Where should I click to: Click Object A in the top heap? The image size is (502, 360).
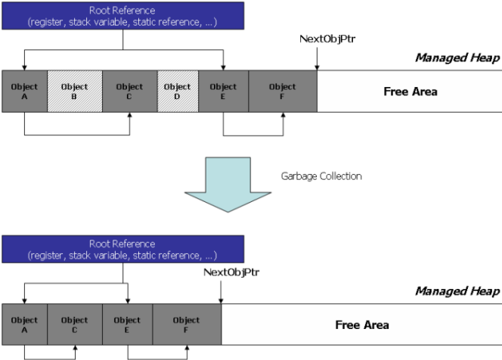(25, 92)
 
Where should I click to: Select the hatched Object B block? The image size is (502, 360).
(75, 92)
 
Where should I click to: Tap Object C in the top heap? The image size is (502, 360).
(130, 92)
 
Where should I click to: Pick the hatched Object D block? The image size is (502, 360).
(178, 92)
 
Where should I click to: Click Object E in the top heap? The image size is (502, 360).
(224, 92)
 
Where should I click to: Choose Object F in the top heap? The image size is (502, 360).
(283, 92)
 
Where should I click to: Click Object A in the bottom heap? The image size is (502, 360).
(25, 324)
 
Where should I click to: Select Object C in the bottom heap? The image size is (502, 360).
(75, 324)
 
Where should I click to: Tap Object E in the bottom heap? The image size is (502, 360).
(128, 324)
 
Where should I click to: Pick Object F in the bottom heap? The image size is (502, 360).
(187, 324)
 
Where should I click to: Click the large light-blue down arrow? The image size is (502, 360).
(228, 185)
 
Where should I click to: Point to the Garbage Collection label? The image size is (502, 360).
(321, 176)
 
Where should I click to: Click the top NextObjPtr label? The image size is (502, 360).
(327, 39)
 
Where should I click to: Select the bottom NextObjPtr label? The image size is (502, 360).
(231, 272)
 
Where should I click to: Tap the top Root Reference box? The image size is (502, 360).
(123, 16)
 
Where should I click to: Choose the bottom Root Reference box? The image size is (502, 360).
(123, 249)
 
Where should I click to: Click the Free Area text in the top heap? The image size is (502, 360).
(411, 92)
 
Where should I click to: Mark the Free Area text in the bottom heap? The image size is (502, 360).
(362, 324)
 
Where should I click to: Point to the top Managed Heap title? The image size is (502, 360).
(457, 57)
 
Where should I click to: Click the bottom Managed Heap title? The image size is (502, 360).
(457, 291)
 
